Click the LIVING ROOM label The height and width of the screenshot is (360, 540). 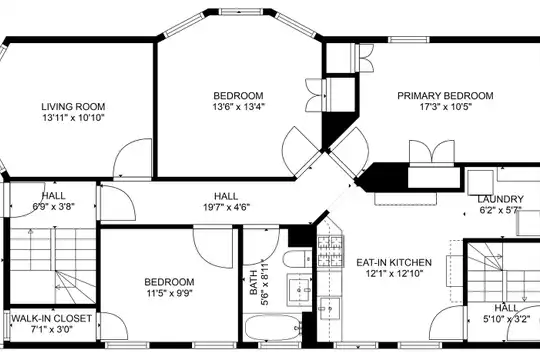coord(73,106)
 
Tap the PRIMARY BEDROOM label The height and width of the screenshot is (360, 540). coord(445,95)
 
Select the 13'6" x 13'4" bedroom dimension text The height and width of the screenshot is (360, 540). coord(238,107)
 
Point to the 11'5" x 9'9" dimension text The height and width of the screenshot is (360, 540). coord(169,293)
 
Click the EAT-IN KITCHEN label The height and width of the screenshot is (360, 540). coord(394,263)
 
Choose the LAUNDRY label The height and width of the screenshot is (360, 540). coord(500,199)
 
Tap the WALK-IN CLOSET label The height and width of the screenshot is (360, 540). coord(52,318)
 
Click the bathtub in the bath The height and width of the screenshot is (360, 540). coord(272,327)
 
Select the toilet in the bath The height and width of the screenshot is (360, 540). coord(294,258)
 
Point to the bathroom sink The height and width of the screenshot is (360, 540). coord(300,290)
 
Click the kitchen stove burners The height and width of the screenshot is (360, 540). coord(331,251)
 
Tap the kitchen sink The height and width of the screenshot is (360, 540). coord(330,308)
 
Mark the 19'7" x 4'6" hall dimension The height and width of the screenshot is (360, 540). coord(226,207)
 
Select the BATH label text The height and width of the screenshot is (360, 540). coord(254,283)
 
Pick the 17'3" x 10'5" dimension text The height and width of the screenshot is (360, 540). coord(445,106)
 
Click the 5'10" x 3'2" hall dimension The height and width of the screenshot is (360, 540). coord(506,319)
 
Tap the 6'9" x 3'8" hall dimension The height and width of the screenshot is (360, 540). coord(53,207)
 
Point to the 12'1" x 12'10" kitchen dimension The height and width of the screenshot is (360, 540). coord(394,274)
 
